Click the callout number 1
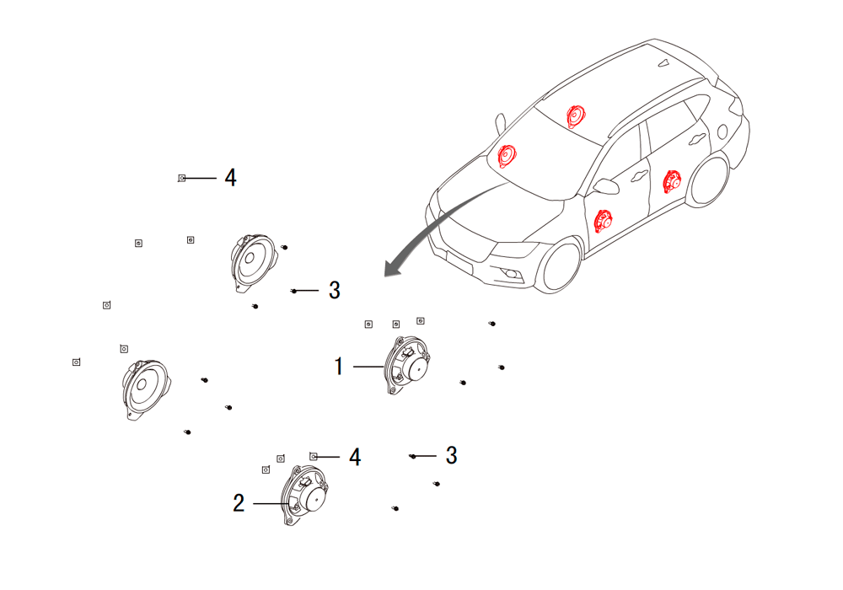pyautogui.click(x=339, y=367)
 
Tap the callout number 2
pyautogui.click(x=239, y=503)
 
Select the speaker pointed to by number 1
pyautogui.click(x=407, y=366)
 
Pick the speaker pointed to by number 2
pyautogui.click(x=305, y=496)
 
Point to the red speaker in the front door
pyautogui.click(x=604, y=221)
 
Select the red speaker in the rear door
pyautogui.click(x=672, y=181)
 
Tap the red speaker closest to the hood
pyautogui.click(x=507, y=157)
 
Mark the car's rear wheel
pyautogui.click(x=710, y=180)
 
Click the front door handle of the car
pyautogui.click(x=640, y=175)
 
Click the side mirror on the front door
pyautogui.click(x=606, y=186)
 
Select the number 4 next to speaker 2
pyautogui.click(x=355, y=457)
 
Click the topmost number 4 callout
pyautogui.click(x=231, y=177)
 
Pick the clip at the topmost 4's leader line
pyautogui.click(x=182, y=178)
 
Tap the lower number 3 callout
pyautogui.click(x=452, y=456)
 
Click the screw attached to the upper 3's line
pyautogui.click(x=293, y=291)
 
